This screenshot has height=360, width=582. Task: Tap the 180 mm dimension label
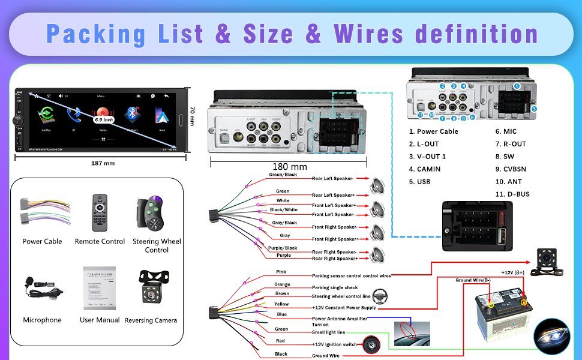click(290, 167)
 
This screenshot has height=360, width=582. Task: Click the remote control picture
click(100, 212)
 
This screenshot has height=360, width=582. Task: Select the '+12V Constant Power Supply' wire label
click(344, 308)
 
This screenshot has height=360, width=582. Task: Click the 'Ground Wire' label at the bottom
click(326, 356)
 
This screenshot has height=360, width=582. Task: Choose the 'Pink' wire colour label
click(281, 272)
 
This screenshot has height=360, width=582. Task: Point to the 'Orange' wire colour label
click(282, 284)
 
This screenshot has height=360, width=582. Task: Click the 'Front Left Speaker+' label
click(334, 205)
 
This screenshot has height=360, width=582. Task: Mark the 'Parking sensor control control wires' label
click(352, 276)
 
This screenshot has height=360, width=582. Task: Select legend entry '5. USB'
click(419, 182)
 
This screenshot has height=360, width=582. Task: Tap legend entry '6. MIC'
click(506, 131)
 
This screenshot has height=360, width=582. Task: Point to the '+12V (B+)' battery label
click(512, 272)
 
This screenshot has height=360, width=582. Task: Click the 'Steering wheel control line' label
click(341, 296)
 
